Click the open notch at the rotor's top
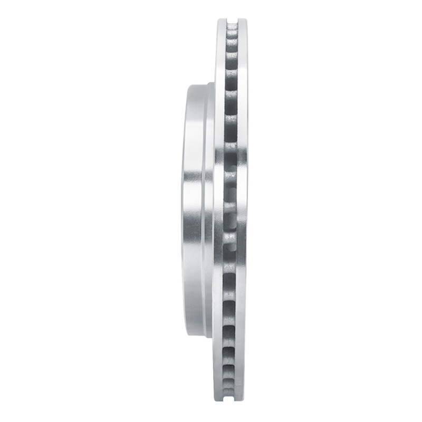[232, 22]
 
